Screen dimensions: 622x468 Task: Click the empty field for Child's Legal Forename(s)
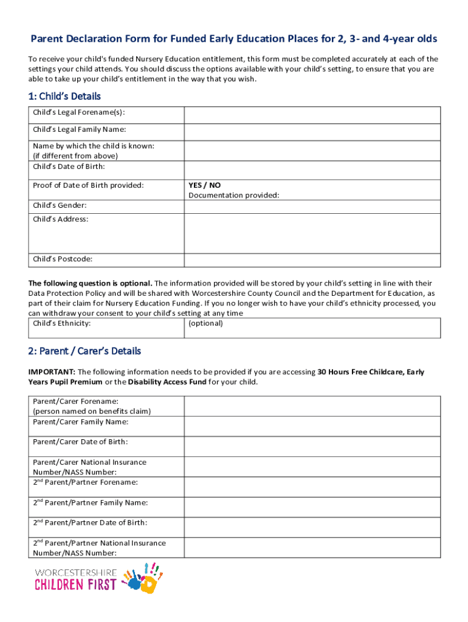312,115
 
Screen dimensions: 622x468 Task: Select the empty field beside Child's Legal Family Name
312,132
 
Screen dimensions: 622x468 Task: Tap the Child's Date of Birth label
69,167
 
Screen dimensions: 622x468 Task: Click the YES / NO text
205,185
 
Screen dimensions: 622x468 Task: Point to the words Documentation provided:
234,195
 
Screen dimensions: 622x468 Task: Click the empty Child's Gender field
312,207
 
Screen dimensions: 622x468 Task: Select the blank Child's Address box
312,233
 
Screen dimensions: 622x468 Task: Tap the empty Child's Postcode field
312,259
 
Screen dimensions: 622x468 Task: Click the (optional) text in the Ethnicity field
205,323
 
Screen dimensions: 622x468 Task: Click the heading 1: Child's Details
64,97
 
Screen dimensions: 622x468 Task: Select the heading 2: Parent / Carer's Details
84,351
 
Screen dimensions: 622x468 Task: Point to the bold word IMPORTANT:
52,372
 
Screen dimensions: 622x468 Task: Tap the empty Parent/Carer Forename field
312,406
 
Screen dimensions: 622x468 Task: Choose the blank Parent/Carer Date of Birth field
312,446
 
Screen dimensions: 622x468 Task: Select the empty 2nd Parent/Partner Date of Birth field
312,527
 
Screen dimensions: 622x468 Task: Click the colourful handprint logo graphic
143,578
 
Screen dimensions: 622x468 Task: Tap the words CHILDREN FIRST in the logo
75,585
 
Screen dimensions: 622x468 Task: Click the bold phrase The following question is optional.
91,283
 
